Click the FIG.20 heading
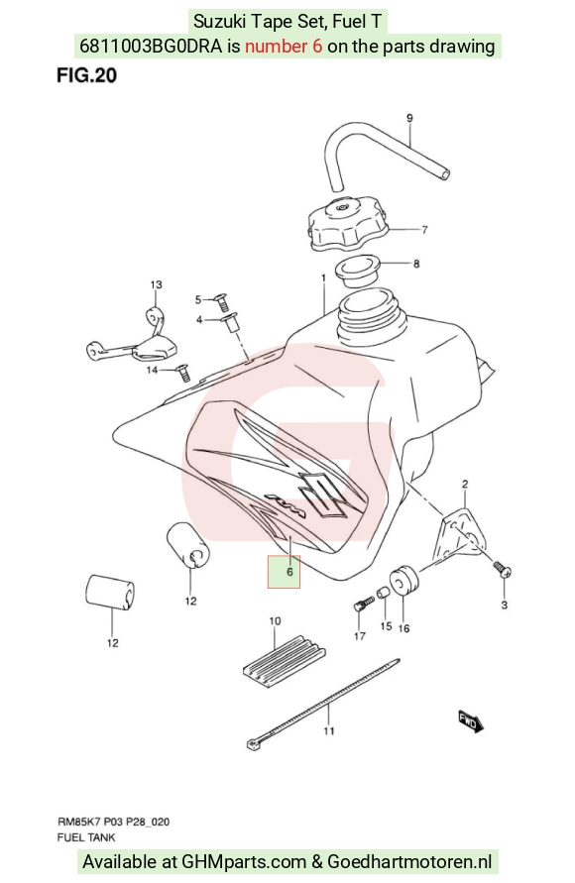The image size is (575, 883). coord(86,75)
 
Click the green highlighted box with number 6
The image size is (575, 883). coord(284,572)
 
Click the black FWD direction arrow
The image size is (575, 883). coord(471,720)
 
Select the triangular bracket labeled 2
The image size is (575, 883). coord(460,533)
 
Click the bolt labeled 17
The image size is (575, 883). coord(363,604)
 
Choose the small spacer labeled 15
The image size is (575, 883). coord(383,593)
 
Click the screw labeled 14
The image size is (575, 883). coord(181,373)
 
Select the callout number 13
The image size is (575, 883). coord(156,284)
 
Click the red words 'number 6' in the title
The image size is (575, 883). coord(284,47)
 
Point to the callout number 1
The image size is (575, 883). coord(324,278)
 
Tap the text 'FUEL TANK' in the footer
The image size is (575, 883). coord(86,837)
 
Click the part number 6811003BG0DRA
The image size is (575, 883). coord(151,47)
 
